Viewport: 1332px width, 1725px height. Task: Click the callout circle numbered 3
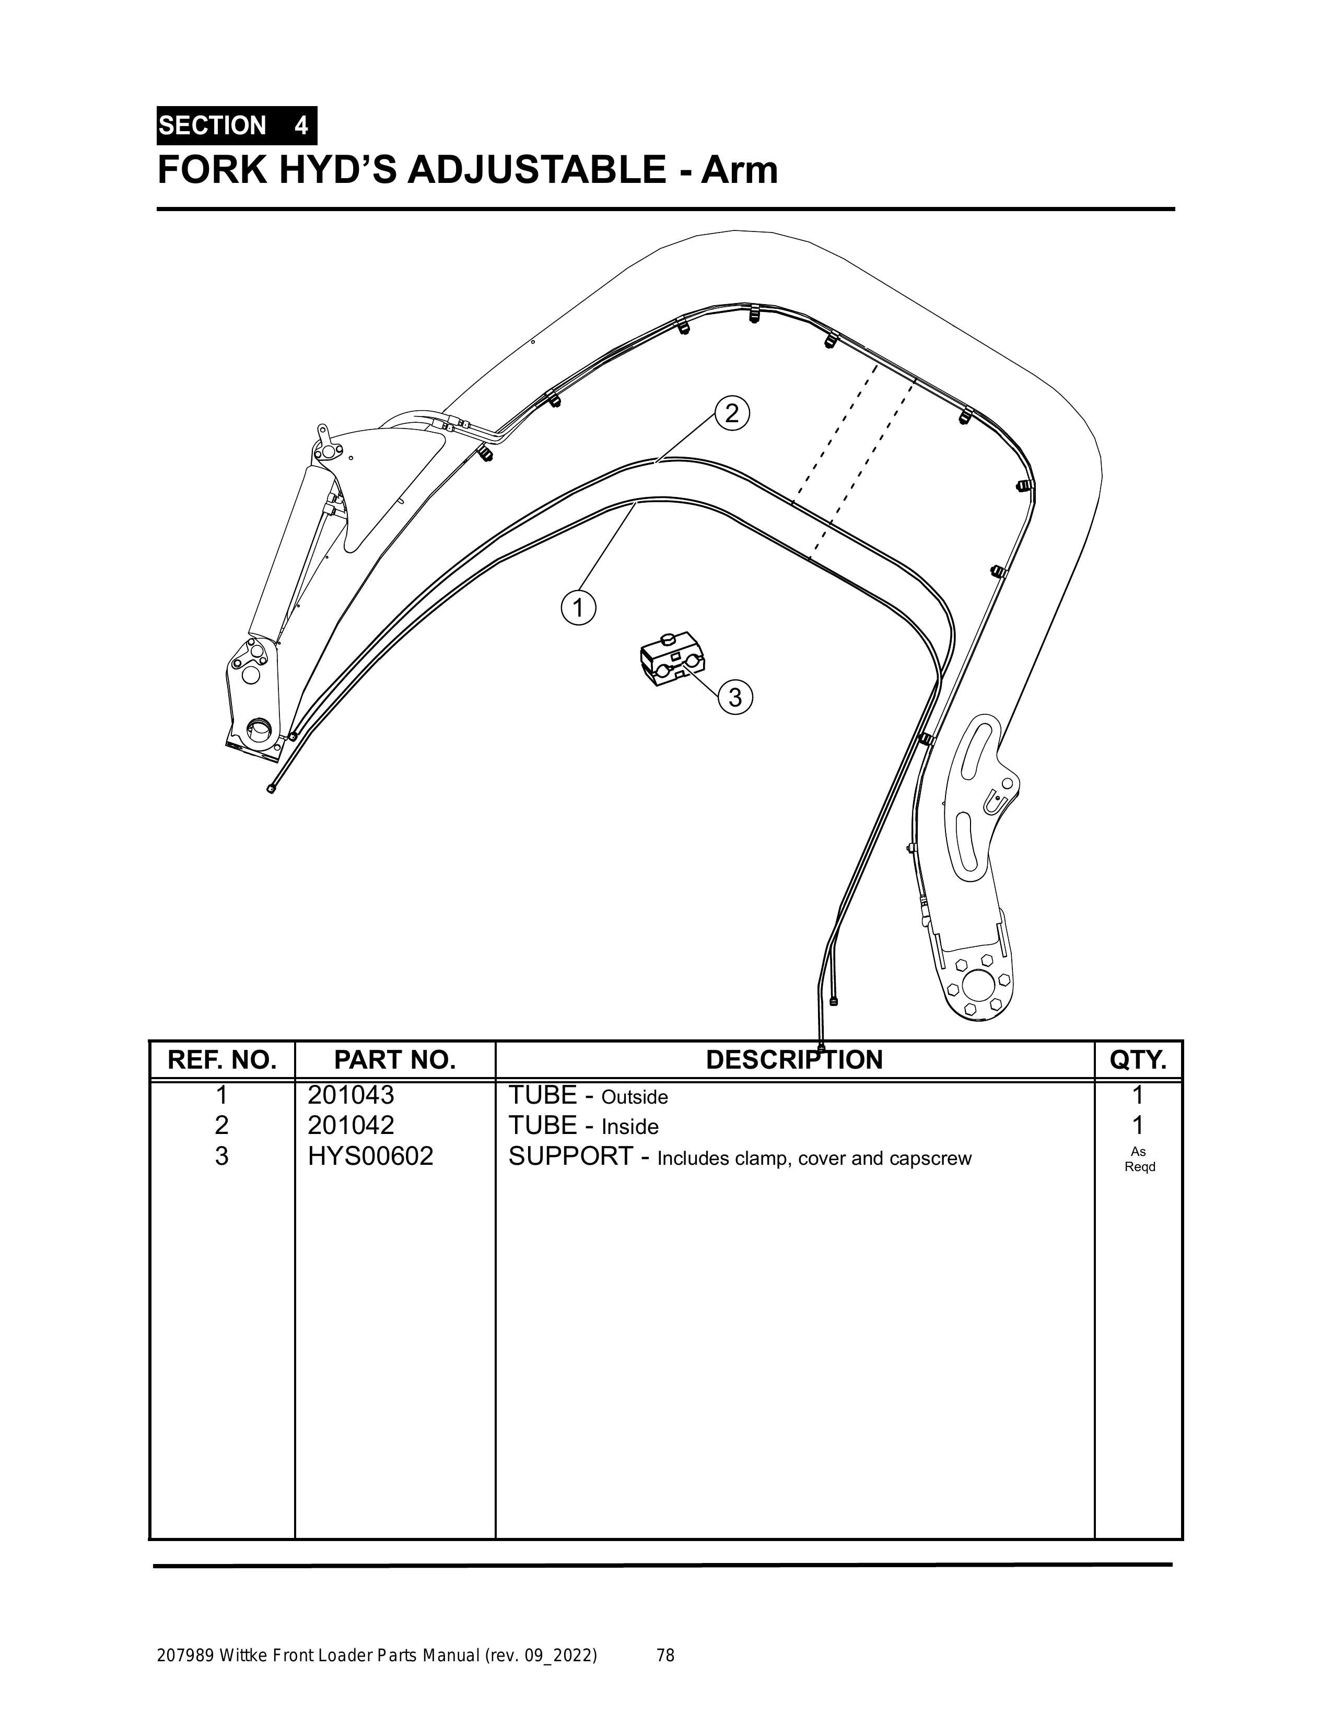pos(735,698)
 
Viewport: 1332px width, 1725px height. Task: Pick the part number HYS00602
pos(370,1156)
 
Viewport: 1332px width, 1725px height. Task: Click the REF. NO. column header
pos(222,1060)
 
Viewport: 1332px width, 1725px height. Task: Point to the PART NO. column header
pos(395,1060)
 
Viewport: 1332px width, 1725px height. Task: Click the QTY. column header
pos(1138,1060)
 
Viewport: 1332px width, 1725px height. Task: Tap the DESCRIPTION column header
pos(794,1060)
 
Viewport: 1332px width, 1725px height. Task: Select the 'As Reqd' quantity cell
pos(1139,1160)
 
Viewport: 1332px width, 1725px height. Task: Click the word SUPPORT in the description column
pos(570,1156)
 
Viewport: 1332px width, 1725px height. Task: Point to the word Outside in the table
pos(635,1098)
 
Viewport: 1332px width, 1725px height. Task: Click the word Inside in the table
pos(630,1127)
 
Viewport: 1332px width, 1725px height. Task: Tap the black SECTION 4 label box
pos(237,125)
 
